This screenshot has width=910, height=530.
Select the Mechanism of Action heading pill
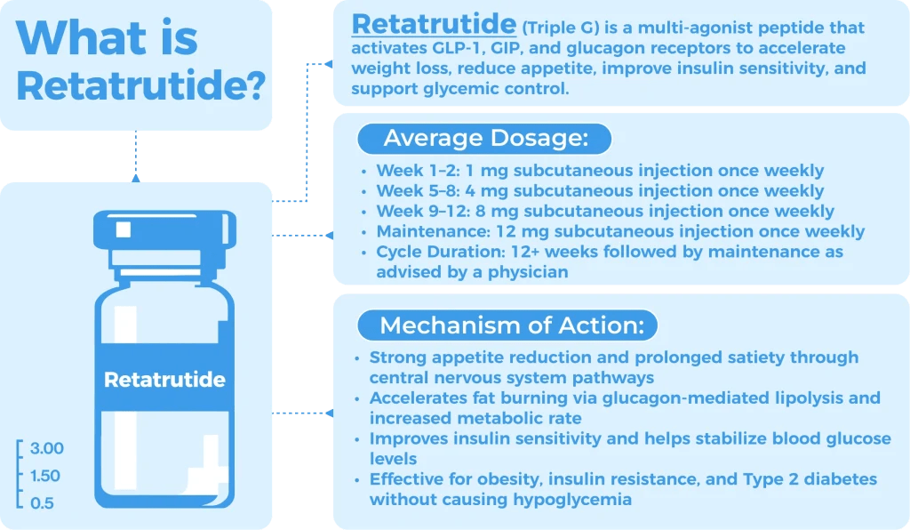(x=507, y=325)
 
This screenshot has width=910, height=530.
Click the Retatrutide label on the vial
(x=164, y=380)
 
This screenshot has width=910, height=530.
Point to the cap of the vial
(x=164, y=234)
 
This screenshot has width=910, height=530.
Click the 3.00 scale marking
(x=46, y=447)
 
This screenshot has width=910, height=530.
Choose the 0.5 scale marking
(x=41, y=503)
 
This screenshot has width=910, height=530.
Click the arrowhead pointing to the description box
(x=329, y=63)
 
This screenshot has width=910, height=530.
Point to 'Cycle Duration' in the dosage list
(x=429, y=253)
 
